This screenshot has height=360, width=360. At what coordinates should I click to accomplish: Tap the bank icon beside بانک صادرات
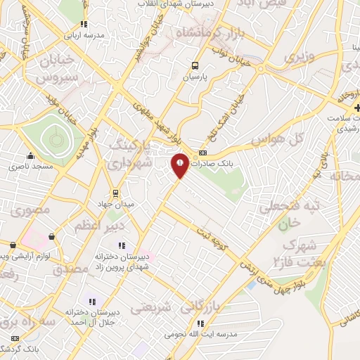coord(203,153)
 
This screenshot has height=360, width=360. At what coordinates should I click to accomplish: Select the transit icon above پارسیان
coord(195,65)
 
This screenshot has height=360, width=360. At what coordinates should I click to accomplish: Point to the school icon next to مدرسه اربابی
coord(84,24)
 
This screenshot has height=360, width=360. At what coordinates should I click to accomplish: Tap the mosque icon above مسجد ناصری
coord(30,156)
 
